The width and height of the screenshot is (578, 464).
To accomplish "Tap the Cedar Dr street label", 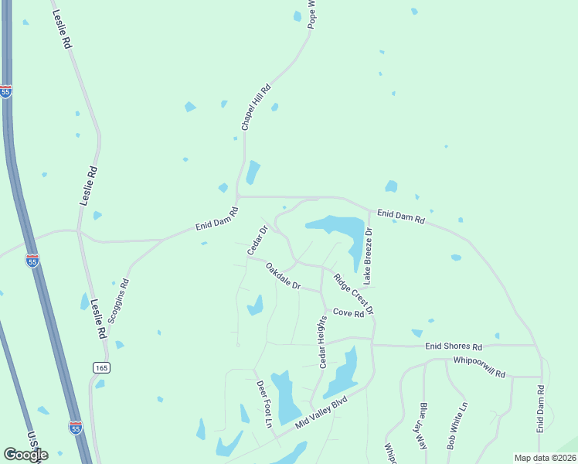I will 257,240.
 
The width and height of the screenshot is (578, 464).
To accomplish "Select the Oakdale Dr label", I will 282,276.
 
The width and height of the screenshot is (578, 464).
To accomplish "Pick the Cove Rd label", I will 348,313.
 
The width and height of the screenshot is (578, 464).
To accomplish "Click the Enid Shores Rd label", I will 454,346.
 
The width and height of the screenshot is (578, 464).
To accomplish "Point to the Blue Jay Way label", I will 423,426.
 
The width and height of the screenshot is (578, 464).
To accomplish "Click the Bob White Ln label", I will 457,426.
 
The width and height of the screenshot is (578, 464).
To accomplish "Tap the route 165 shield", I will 101,367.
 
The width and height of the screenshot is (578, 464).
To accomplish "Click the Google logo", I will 25,454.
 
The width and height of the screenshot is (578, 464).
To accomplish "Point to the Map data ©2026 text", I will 545,458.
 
